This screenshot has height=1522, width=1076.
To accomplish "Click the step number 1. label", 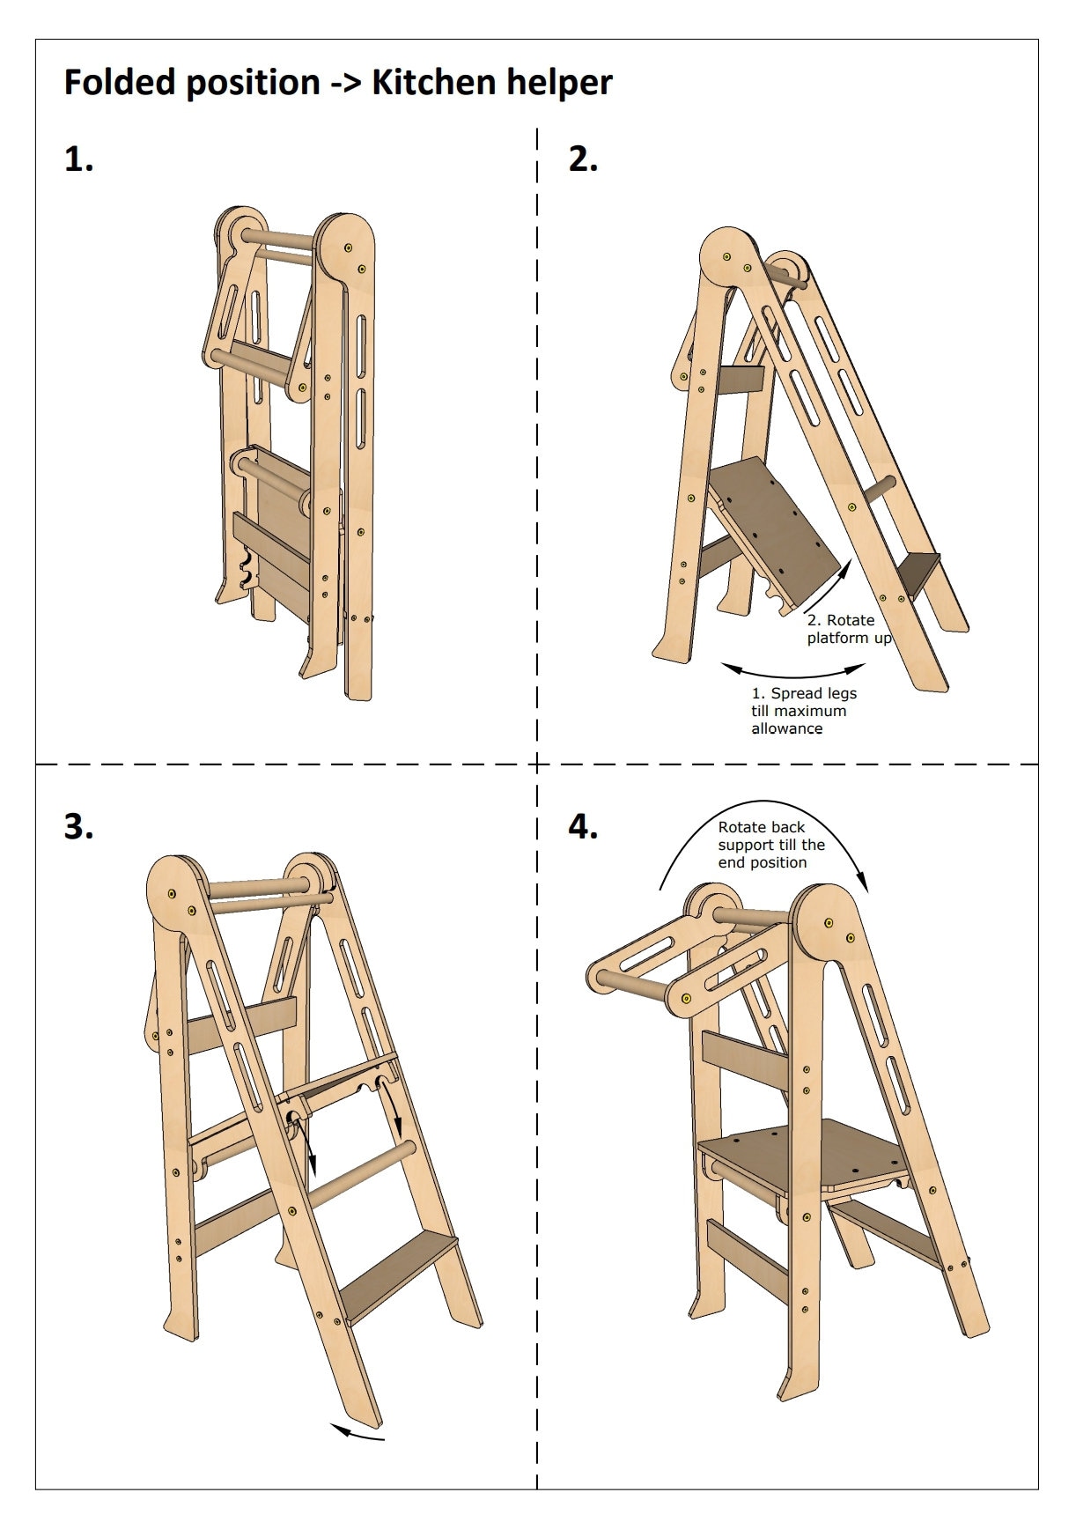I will click(78, 159).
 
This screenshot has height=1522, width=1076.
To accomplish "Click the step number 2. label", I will click(583, 159).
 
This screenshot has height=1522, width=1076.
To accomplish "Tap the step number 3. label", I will click(78, 827).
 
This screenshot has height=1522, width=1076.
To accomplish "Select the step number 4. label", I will click(583, 827).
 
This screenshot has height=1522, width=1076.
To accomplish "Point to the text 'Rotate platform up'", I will click(848, 629).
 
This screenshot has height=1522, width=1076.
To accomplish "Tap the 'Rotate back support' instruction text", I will click(770, 845).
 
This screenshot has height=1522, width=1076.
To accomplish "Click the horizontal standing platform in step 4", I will click(801, 1154).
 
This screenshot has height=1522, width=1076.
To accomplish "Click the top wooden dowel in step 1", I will click(279, 240).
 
